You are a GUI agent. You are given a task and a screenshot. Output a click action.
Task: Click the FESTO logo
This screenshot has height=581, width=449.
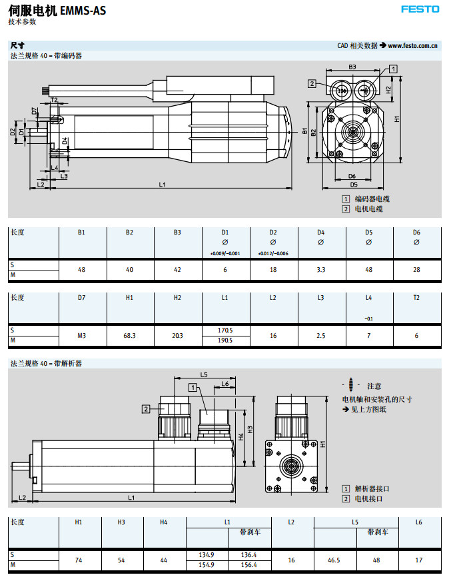click(420, 9)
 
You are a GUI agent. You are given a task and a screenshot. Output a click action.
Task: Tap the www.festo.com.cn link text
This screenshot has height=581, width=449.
click(412, 45)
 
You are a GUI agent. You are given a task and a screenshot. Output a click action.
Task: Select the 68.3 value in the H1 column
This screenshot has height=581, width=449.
click(129, 336)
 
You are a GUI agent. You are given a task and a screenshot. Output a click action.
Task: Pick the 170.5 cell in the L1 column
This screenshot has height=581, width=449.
click(225, 330)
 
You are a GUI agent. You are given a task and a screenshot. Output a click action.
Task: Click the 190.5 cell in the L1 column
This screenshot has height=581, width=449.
click(225, 340)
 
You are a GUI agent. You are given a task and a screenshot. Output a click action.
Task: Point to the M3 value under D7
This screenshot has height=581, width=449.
click(81, 336)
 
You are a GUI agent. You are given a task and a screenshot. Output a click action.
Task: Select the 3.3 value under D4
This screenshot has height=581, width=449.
click(321, 271)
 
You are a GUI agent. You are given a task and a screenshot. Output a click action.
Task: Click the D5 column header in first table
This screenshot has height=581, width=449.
click(368, 233)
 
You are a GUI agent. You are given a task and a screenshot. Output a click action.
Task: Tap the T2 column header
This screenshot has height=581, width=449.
click(416, 298)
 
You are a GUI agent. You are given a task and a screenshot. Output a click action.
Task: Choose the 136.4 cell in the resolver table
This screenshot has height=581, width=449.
click(249, 555)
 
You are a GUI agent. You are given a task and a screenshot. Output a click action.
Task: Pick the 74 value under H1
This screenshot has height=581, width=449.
click(79, 560)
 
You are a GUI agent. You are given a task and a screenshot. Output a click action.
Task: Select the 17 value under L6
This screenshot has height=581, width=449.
click(418, 560)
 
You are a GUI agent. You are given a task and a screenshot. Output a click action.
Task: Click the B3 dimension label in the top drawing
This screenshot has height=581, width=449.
click(352, 67)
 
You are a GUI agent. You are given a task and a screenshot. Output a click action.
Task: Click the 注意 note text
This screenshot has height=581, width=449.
click(374, 386)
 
